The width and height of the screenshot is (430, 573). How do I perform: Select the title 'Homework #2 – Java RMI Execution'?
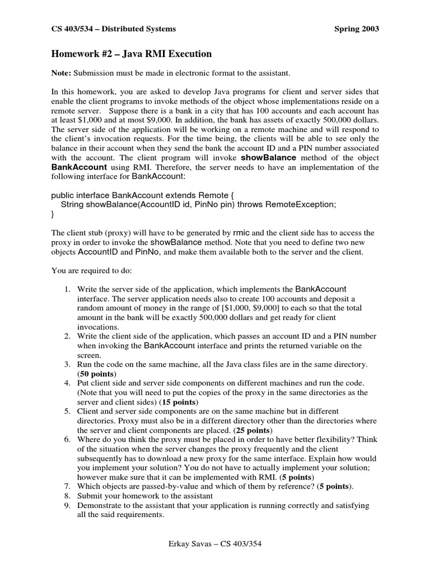point(132,54)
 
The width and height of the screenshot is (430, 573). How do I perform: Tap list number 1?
point(66,289)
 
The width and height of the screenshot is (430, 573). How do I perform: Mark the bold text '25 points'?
point(253,430)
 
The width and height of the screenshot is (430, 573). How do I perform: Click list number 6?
point(66,440)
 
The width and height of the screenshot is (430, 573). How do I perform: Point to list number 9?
point(66,505)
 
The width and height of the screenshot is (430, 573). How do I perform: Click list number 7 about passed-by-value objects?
point(66,487)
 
